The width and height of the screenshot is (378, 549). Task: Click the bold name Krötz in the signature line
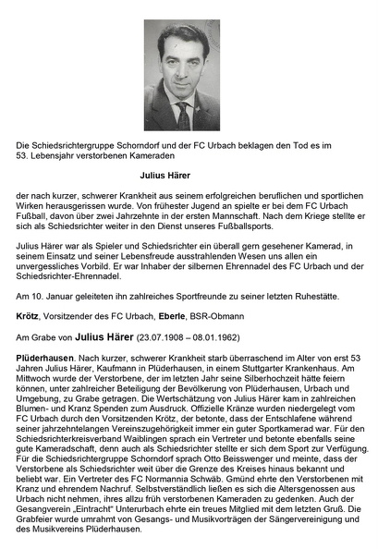click(29, 314)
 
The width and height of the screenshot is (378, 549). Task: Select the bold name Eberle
click(151, 314)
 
